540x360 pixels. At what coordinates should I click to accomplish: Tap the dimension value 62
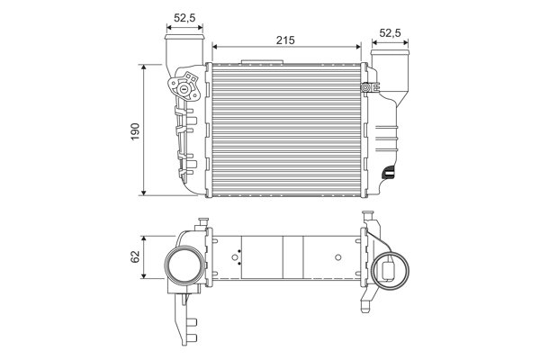134,256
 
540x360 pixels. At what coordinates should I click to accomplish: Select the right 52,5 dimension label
390,33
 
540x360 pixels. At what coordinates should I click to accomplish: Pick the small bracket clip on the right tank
366,88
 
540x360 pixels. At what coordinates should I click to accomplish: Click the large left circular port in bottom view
184,268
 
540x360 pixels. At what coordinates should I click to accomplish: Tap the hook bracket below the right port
367,303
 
